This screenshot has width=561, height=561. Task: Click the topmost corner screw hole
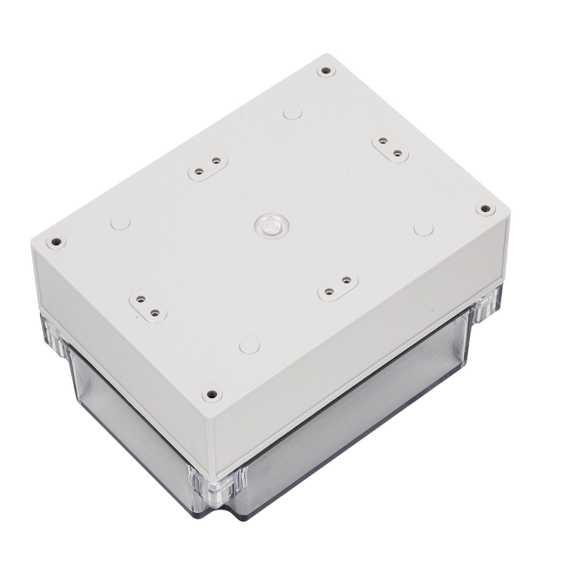(x=326, y=72)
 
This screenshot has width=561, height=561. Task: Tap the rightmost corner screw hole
(x=485, y=209)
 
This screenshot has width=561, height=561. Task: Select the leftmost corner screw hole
(x=56, y=241)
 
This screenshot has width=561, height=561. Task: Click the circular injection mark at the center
(x=268, y=225)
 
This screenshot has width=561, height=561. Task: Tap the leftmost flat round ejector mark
(x=119, y=222)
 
